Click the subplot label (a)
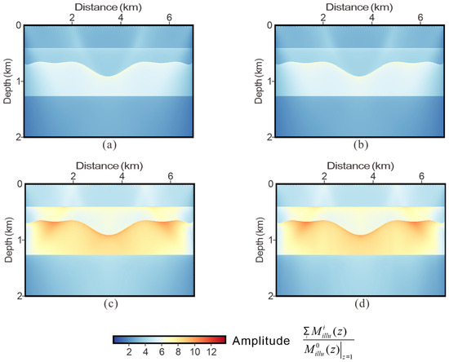109,147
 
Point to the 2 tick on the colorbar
128,352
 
